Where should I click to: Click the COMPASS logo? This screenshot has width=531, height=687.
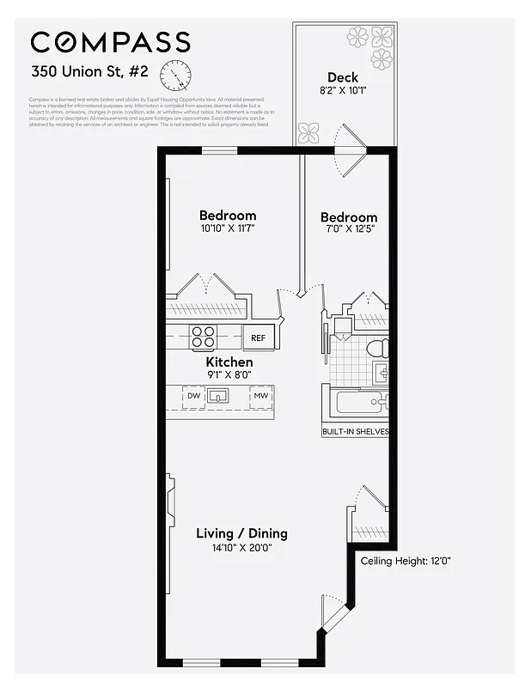pos(110,42)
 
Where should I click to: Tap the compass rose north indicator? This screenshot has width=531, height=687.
pos(176,76)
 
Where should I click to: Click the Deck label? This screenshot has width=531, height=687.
pos(342,77)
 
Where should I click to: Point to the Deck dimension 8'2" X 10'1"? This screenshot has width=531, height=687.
pos(342,91)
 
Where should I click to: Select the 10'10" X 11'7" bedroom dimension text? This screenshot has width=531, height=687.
pos(228,228)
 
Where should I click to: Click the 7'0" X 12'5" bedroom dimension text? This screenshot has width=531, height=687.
pos(348,230)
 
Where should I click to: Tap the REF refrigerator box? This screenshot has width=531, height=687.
pos(259,337)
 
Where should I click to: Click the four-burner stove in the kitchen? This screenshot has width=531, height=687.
pos(204,337)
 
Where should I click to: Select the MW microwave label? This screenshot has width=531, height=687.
pos(259,396)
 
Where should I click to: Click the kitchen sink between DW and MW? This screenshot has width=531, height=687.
pos(220,396)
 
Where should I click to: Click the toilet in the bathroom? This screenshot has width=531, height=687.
pos(376,349)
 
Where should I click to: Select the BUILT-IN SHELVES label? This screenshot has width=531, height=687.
pos(355,431)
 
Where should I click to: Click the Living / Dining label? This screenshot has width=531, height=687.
pos(241,533)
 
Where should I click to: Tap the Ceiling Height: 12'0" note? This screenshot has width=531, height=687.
pos(406,561)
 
